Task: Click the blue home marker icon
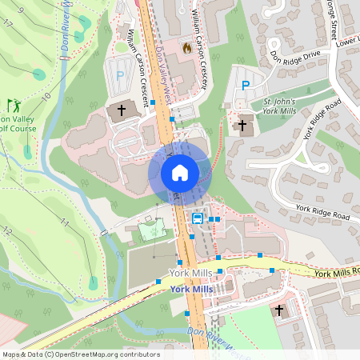[x=180, y=172]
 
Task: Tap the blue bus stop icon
[x=197, y=218]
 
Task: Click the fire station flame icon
[x=187, y=47]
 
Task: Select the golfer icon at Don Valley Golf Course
[x=13, y=104]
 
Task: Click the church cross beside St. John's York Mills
[x=242, y=124]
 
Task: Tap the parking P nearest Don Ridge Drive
[x=246, y=85]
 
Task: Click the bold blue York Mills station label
[x=190, y=288]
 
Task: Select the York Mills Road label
[x=336, y=273]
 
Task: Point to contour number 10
[x=47, y=97]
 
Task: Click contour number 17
[x=8, y=23]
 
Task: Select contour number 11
[x=64, y=223]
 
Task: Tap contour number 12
[x=7, y=231]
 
